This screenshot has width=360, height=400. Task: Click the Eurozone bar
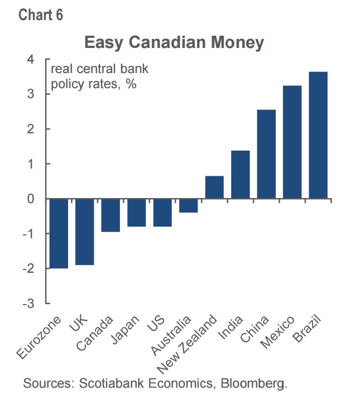59,233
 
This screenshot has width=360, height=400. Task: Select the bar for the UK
85,232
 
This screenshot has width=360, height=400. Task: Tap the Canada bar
111,215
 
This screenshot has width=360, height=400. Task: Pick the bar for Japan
137,213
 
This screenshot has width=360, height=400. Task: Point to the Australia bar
188,205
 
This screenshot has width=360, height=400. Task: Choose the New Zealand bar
214,187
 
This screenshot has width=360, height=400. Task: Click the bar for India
241,175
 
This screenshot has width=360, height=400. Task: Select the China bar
266,154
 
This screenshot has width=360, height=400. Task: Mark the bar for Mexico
292,142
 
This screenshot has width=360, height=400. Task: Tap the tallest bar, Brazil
318,135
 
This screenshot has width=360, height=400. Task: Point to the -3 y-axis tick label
28,303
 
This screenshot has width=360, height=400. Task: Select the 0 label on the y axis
31,199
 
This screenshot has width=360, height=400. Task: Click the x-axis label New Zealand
187,344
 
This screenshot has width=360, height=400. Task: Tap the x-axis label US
156,323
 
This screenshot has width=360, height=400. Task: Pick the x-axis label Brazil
306,329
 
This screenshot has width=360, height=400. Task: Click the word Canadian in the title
167,42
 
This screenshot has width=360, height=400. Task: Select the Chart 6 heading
41,15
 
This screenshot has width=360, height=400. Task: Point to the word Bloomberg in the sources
253,383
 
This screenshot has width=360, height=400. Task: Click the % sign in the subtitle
131,84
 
